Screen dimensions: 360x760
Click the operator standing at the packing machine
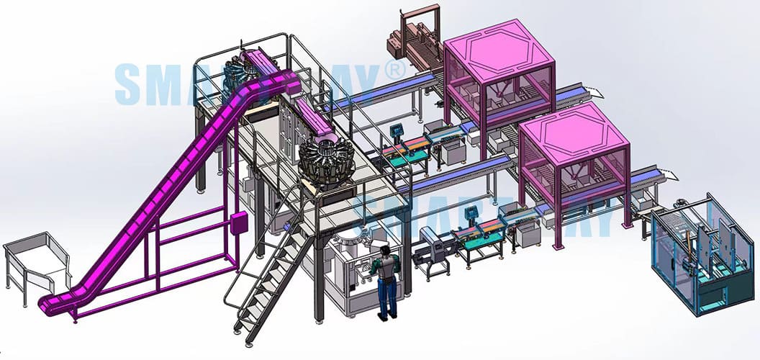[387, 281]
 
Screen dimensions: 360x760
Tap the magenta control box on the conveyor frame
[235, 222]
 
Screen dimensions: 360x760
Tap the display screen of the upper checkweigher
[395, 130]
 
